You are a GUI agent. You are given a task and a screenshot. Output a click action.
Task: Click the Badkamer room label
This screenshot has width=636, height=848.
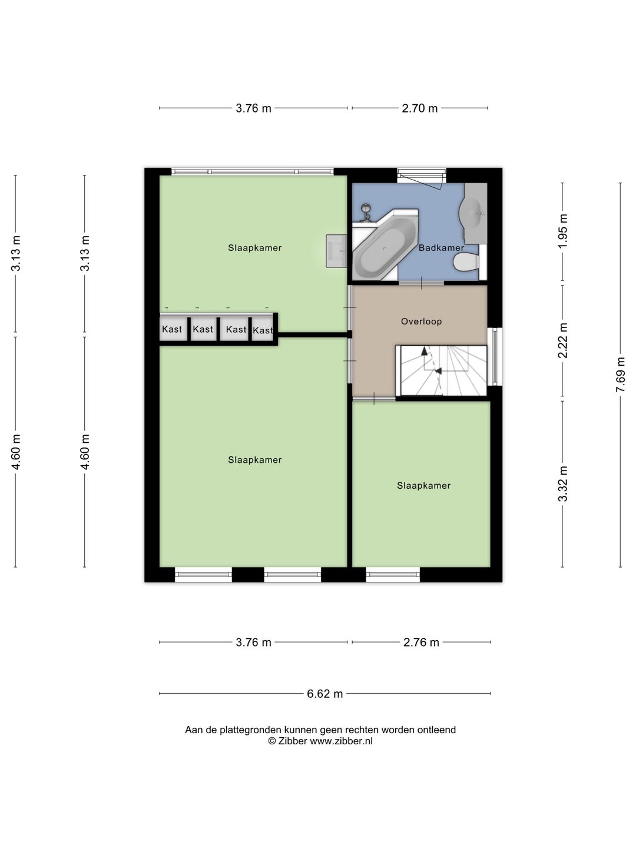pyautogui.click(x=441, y=248)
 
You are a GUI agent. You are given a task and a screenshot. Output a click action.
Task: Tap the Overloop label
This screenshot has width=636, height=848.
pyautogui.click(x=421, y=321)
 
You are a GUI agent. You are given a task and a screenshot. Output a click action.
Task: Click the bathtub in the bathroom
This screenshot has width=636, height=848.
pyautogui.click(x=385, y=248)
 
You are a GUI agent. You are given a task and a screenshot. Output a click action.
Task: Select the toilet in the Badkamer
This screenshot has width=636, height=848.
pyautogui.click(x=466, y=263)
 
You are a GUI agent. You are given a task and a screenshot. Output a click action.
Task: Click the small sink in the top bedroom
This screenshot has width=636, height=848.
pyautogui.click(x=336, y=251)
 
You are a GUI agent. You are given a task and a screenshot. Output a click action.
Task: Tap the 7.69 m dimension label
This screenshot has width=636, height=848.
pyautogui.click(x=620, y=375)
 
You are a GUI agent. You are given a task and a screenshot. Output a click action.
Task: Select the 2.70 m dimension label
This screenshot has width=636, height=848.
pyautogui.click(x=419, y=108)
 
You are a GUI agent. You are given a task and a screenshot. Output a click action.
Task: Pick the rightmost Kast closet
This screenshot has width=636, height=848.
pyautogui.click(x=263, y=330)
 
